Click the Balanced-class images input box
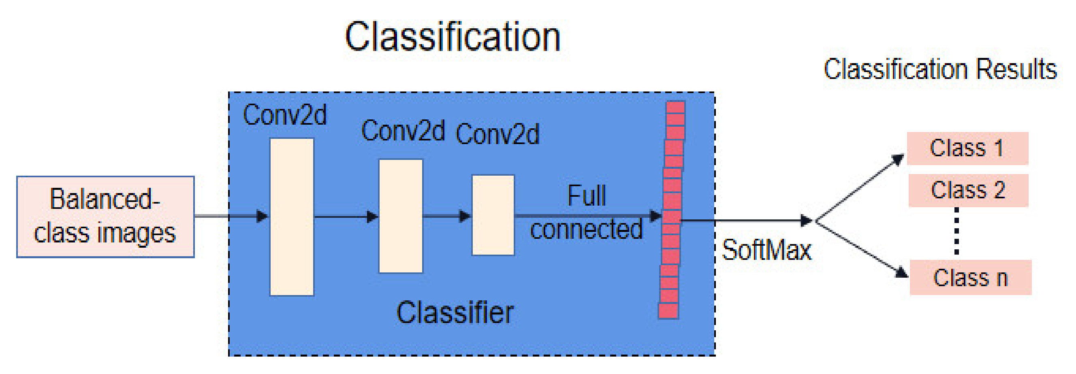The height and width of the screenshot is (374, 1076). pos(105,217)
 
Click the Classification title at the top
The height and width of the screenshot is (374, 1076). pos(453,37)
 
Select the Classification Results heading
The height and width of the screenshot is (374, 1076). pos(940,69)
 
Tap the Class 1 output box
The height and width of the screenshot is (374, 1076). pos(967,148)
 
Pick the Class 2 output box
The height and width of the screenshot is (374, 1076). pos(968,190)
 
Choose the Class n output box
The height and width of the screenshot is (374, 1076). pos(970,278)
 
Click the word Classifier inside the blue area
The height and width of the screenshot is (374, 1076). pos(455,312)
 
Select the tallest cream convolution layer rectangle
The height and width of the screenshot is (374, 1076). pos(292,217)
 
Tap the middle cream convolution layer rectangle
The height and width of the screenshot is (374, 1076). pos(401,216)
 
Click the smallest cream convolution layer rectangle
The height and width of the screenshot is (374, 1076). pos(493,215)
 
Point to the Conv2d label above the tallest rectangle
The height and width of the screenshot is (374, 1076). pos(284,115)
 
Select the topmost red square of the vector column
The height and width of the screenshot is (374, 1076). pos(675,107)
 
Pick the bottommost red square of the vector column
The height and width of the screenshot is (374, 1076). pos(668,311)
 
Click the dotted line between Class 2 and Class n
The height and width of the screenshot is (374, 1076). pos(956,232)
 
